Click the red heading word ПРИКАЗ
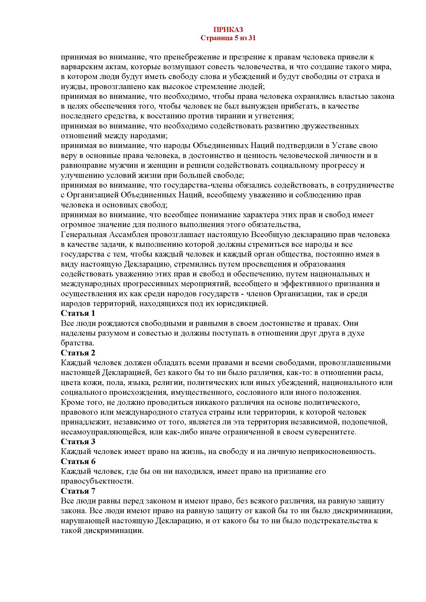click(x=228, y=29)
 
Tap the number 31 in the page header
click(x=251, y=38)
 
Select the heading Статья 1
click(x=78, y=313)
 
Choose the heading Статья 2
click(x=78, y=353)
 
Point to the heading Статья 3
click(x=78, y=442)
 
